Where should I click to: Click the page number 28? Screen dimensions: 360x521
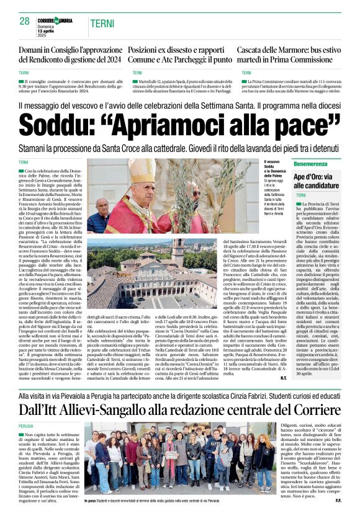click(x=24, y=22)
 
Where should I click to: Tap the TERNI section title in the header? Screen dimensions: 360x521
click(x=102, y=24)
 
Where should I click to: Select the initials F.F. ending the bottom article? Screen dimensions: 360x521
click(x=338, y=500)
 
